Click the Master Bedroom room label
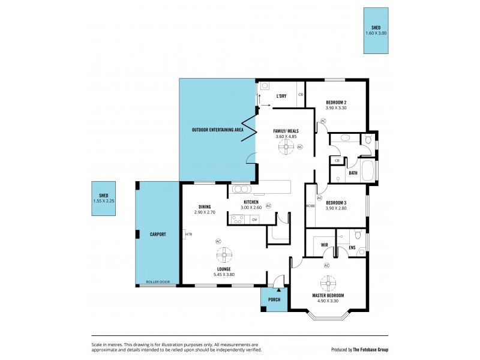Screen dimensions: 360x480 328,296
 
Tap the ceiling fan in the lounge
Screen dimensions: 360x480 223,256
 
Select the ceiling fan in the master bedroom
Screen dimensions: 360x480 328,281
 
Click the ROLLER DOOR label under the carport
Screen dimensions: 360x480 158,281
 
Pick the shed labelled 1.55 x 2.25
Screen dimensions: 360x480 103,198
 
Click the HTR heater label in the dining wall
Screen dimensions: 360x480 188,234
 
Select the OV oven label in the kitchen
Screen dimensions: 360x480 254,220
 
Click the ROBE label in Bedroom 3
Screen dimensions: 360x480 310,206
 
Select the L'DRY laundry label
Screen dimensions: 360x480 281,96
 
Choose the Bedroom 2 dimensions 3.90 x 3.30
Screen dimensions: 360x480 336,108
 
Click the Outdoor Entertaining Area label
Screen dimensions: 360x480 217,130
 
